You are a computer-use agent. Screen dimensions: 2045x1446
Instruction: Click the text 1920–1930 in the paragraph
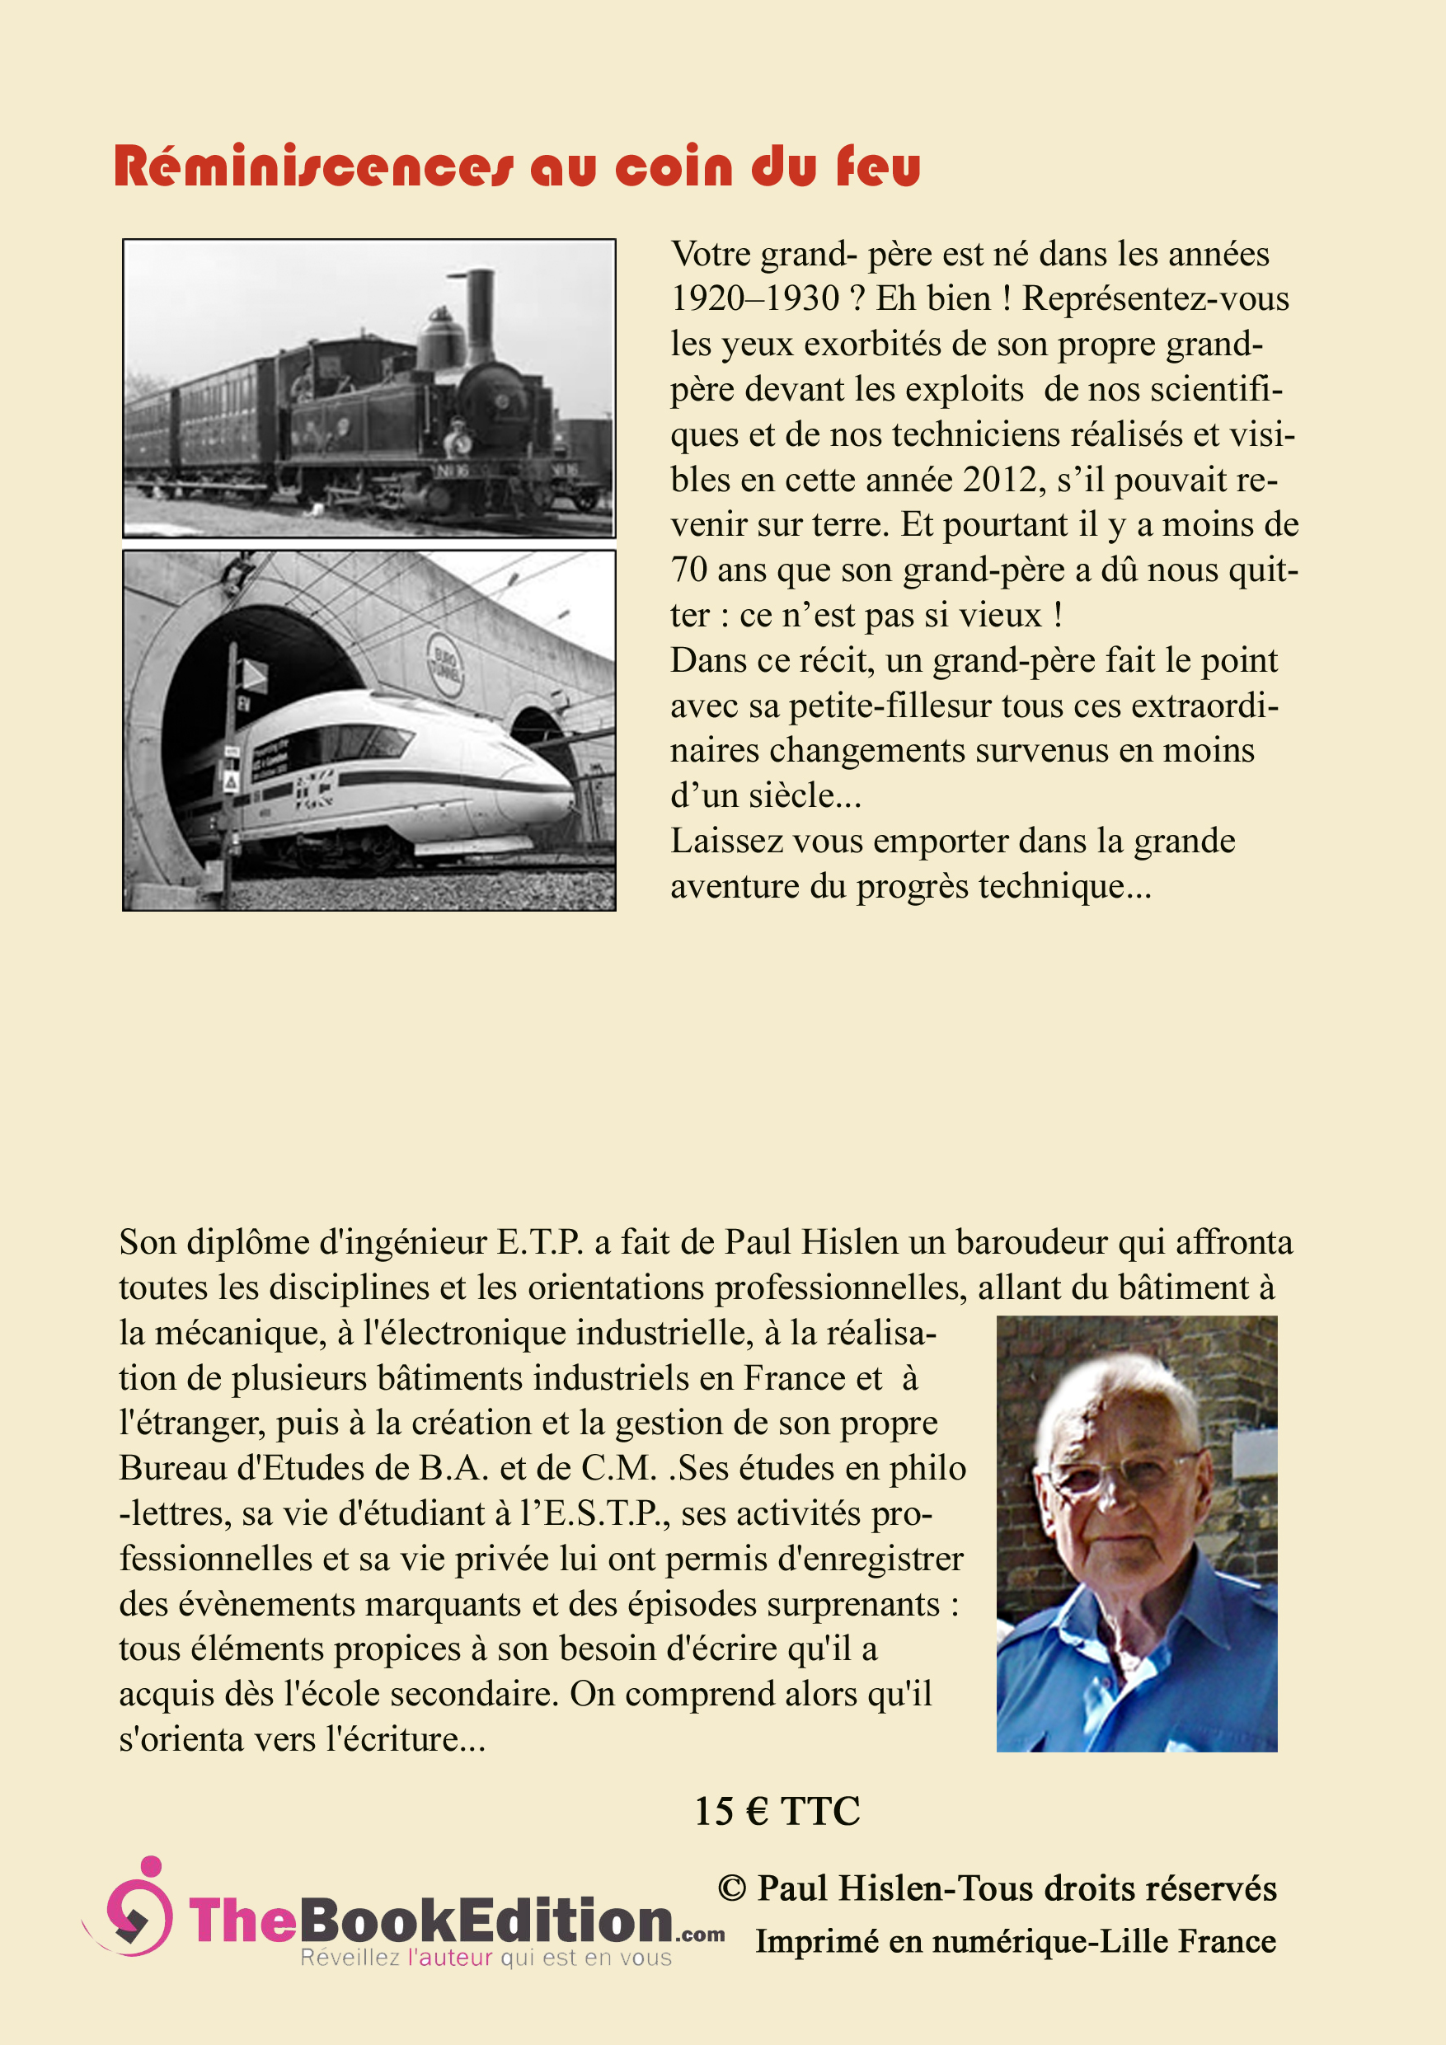(x=755, y=298)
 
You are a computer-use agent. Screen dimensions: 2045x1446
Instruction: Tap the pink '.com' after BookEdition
(x=700, y=1935)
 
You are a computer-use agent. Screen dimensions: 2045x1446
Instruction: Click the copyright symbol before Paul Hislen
(x=731, y=1888)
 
